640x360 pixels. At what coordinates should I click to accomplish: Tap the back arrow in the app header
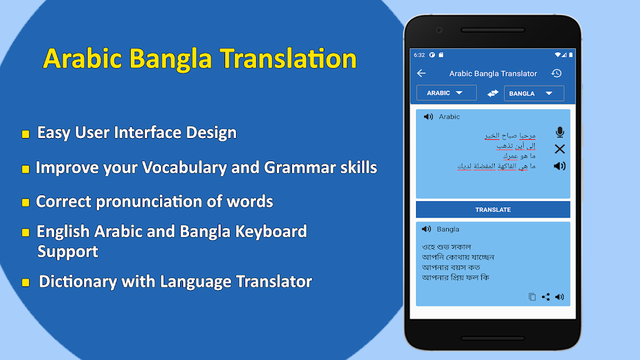tap(421, 74)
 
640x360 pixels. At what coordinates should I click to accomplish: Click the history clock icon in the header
tap(556, 74)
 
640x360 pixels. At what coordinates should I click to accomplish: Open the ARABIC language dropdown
tap(446, 93)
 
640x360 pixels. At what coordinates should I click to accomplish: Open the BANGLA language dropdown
tap(534, 94)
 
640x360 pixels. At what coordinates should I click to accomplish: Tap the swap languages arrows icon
tap(493, 93)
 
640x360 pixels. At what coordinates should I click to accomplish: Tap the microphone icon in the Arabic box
tap(560, 132)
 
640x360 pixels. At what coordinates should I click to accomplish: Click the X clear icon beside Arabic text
tap(560, 149)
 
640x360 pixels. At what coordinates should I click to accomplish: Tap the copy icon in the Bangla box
tap(532, 297)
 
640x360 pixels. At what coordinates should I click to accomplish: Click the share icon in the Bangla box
tap(546, 297)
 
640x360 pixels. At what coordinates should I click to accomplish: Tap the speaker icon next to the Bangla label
tap(426, 229)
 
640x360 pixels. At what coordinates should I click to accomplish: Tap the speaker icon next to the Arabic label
tap(428, 117)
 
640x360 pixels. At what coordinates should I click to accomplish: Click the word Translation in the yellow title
tap(288, 59)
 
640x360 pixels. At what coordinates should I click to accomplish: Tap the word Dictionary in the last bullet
tap(78, 282)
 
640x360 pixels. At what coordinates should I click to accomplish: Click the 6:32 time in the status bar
tap(419, 55)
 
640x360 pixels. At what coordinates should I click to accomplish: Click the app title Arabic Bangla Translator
tap(493, 74)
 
